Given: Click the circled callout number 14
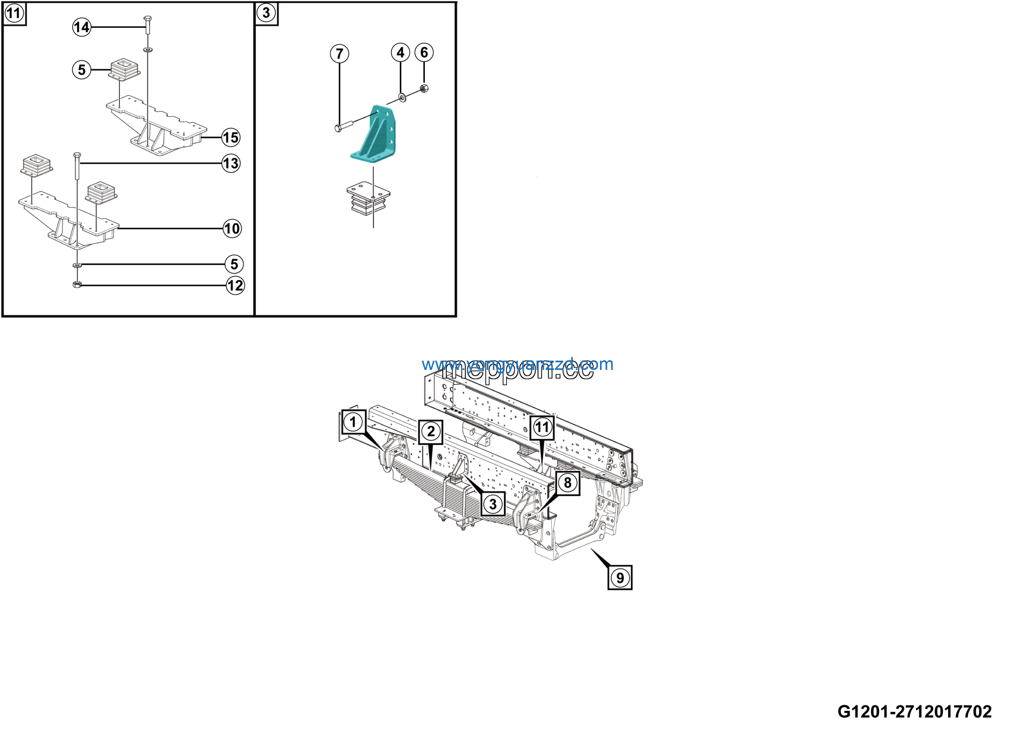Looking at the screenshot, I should (82, 27).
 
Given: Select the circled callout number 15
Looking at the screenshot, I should (231, 137).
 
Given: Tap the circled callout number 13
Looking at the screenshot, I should (231, 163).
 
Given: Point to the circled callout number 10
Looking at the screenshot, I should (232, 228).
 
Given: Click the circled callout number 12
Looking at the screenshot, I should (235, 285).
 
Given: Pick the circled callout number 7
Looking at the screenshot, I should (340, 54).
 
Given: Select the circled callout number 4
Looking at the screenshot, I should (400, 52).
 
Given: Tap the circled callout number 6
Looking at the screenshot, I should (424, 52).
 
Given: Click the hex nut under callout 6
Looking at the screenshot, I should (424, 88).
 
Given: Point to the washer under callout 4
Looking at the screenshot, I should (402, 97).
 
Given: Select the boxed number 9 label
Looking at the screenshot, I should (620, 578).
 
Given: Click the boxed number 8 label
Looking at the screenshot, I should (568, 483).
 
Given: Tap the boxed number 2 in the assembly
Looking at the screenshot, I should (431, 431).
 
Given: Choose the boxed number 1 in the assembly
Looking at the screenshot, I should (353, 422).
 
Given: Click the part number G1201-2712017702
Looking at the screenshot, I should (914, 712).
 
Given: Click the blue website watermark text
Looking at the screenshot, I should (517, 364).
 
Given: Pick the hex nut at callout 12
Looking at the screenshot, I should (77, 284).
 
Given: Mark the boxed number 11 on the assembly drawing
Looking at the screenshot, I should (542, 427).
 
